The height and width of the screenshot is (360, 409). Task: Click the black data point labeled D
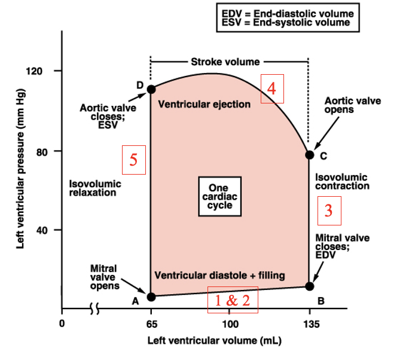[151, 89]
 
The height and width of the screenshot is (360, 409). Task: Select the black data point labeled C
[310, 155]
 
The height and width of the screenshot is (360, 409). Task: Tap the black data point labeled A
[151, 297]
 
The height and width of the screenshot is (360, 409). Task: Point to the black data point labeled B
[310, 286]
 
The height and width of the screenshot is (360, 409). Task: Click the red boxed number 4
[271, 89]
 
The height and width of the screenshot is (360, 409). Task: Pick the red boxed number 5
[134, 160]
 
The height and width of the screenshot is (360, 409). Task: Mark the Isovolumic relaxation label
[95, 188]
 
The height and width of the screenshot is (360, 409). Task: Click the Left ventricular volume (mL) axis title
[215, 341]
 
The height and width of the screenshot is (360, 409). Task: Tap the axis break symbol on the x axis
[94, 309]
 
